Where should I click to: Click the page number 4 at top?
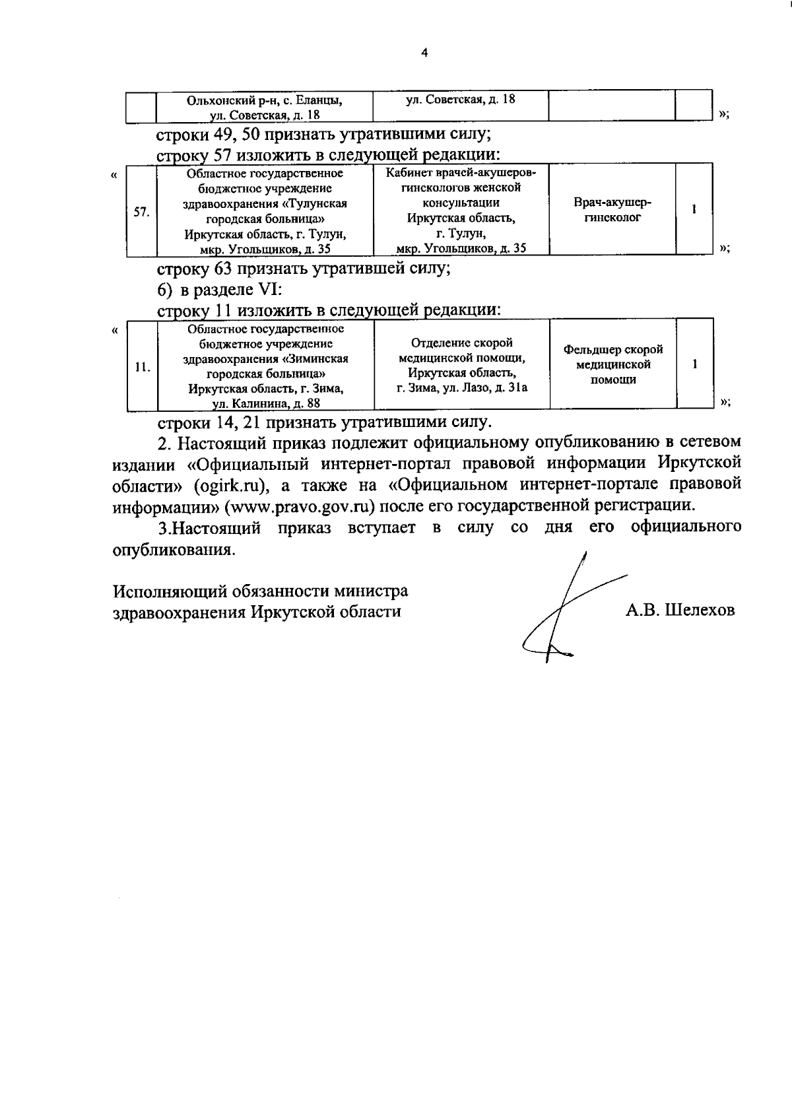(424, 53)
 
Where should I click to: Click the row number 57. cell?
(141, 212)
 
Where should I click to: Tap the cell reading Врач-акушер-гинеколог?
(612, 210)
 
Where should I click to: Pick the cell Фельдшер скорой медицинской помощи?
(613, 364)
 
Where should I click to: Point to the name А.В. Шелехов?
(680, 610)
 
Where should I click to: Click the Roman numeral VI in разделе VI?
(271, 289)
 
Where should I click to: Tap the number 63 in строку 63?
(222, 269)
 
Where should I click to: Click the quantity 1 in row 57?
(694, 209)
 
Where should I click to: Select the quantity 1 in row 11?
(695, 364)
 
